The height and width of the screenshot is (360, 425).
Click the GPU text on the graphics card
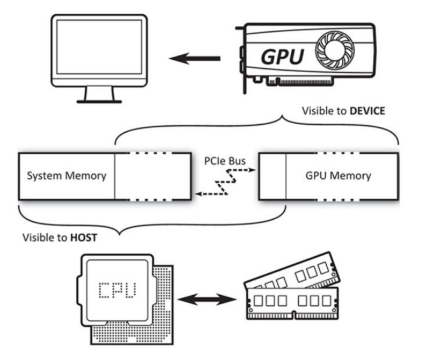[283, 55]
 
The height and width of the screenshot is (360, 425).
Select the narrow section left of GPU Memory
[272, 176]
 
